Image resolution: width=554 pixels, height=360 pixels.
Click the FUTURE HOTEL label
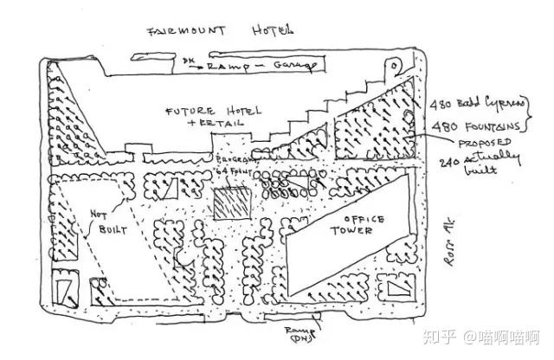208,112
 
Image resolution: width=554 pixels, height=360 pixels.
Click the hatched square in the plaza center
232,206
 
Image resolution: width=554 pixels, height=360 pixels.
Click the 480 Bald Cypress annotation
473,106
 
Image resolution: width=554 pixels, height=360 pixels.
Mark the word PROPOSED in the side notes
486,143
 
